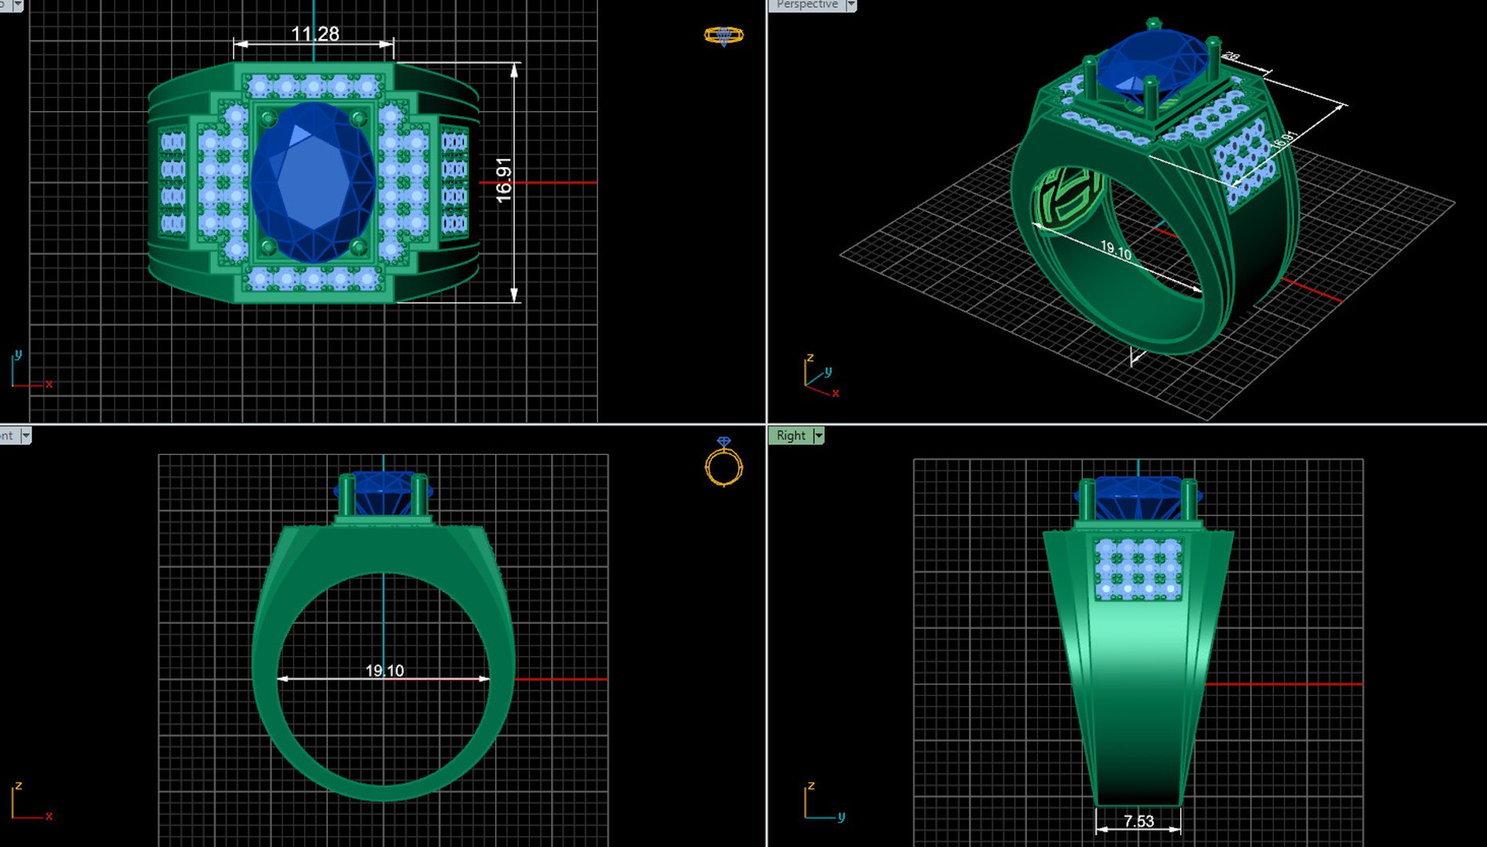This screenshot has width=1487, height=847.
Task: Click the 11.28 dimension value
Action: (x=314, y=34)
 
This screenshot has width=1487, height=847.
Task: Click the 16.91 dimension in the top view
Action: (x=504, y=180)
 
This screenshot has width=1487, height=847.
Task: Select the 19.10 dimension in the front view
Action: (x=384, y=671)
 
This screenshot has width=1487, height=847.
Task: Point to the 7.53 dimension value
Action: (x=1138, y=820)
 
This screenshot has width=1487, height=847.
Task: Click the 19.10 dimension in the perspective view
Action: (x=1115, y=251)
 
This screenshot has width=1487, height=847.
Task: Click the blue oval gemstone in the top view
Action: (x=314, y=182)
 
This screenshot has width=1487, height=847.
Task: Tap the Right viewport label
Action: (x=790, y=435)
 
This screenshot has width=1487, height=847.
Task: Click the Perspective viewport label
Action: (x=807, y=5)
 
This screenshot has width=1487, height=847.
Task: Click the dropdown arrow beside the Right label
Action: (x=819, y=435)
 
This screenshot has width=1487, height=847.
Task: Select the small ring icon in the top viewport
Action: (x=723, y=35)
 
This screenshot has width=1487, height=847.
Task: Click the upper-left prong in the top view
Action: (x=269, y=118)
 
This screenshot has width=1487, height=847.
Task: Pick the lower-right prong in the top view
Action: (x=359, y=247)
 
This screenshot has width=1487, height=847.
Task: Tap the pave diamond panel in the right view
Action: (x=1137, y=569)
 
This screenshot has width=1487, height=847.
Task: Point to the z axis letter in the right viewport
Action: (x=811, y=785)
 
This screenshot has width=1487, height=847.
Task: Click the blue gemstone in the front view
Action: (x=383, y=492)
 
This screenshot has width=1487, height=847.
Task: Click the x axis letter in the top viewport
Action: (x=49, y=384)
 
